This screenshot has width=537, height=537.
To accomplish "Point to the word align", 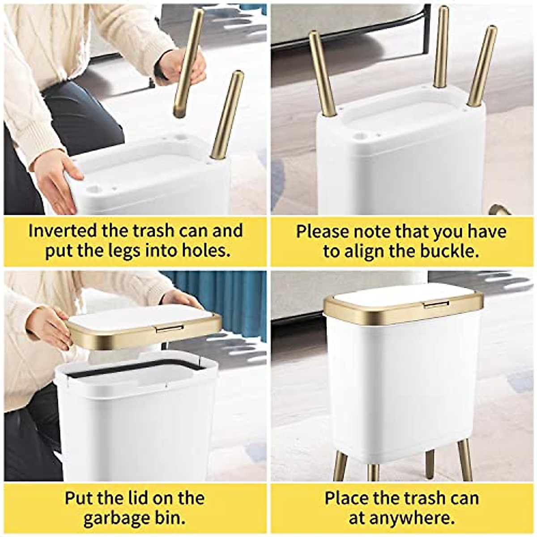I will point(364,251).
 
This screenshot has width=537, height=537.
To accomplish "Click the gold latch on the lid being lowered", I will point(169,329).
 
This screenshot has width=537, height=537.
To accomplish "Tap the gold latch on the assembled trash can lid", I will point(437,304).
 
